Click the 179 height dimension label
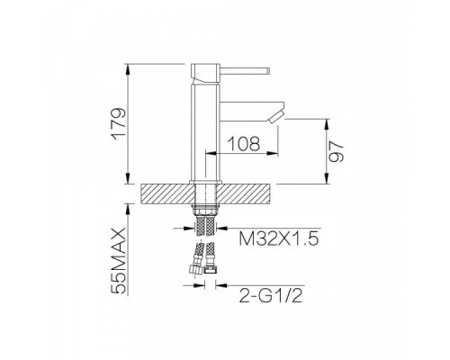[119, 124]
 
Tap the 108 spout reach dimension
[244, 143]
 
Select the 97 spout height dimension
[336, 152]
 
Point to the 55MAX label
[118, 260]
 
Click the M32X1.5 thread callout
[278, 239]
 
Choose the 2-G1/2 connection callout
[271, 295]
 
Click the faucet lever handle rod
[244, 71]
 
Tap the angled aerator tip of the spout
[277, 116]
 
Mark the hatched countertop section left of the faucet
[167, 193]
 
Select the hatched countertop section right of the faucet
[242, 193]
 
